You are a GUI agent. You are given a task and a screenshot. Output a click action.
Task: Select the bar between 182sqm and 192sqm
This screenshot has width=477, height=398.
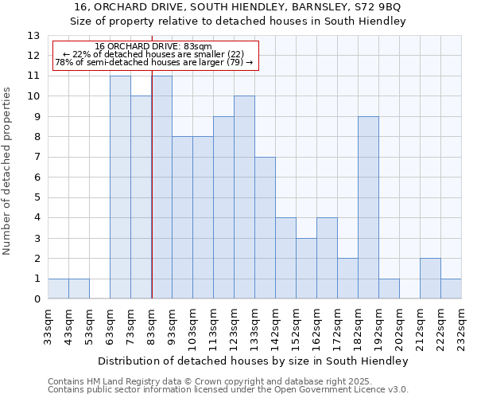click(x=368, y=208)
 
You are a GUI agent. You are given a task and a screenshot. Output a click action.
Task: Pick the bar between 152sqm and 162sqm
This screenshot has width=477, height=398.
click(x=306, y=268)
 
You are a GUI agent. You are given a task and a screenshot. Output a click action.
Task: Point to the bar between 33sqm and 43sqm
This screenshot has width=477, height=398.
click(x=58, y=289)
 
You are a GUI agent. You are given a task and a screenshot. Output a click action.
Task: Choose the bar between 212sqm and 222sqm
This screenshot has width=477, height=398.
click(x=430, y=279)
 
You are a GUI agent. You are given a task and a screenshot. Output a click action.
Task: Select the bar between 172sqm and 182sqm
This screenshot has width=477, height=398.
click(x=347, y=279)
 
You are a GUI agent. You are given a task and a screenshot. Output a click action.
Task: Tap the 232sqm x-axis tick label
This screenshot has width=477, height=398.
click(x=462, y=326)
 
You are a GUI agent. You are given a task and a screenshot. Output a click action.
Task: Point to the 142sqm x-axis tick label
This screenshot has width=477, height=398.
click(x=276, y=326)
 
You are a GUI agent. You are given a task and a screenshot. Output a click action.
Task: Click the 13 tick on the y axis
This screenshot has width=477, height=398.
click(x=33, y=36)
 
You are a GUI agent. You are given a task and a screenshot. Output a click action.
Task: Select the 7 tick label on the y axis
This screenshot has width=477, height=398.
click(x=37, y=158)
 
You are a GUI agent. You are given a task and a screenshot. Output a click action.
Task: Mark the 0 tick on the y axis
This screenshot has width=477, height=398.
click(x=37, y=299)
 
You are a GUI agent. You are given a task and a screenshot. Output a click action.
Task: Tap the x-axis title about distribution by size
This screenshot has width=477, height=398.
click(x=255, y=361)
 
